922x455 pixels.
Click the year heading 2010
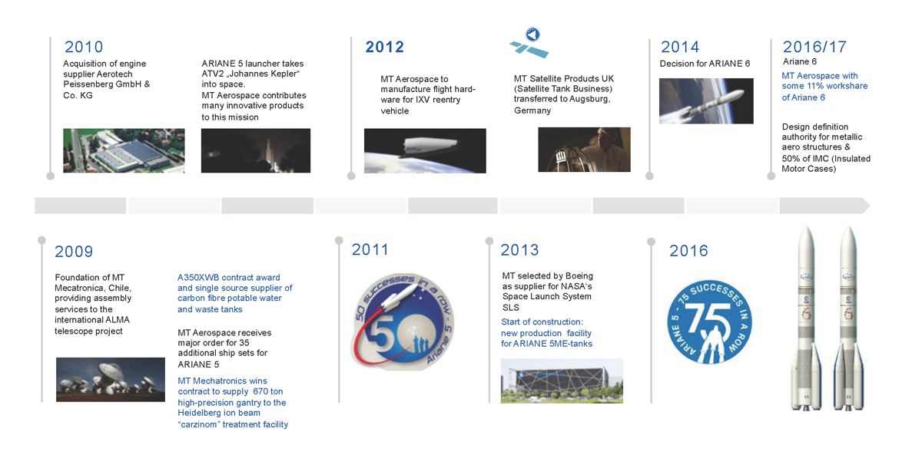[x=84, y=47]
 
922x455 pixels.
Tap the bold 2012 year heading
[x=384, y=47]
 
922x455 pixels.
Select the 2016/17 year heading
[x=814, y=47]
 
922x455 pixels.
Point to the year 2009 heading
[x=74, y=251]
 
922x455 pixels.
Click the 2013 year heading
[x=519, y=250]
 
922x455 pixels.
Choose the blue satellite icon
[x=529, y=43]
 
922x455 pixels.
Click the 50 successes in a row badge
[x=402, y=321]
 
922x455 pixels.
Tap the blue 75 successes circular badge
[x=709, y=321]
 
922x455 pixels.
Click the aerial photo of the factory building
[x=124, y=150]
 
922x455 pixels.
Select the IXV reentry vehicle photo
[x=425, y=151]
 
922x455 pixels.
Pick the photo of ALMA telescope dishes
[x=111, y=379]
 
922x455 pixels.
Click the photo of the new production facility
[x=562, y=381]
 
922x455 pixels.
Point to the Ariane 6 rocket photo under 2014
[x=706, y=101]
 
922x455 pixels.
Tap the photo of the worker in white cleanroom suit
[x=584, y=150]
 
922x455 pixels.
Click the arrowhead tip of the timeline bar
[x=870, y=206]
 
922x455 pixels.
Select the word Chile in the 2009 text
[x=119, y=288]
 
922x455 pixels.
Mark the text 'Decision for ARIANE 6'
[x=705, y=64]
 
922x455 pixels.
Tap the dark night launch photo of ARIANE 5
[x=256, y=150]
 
